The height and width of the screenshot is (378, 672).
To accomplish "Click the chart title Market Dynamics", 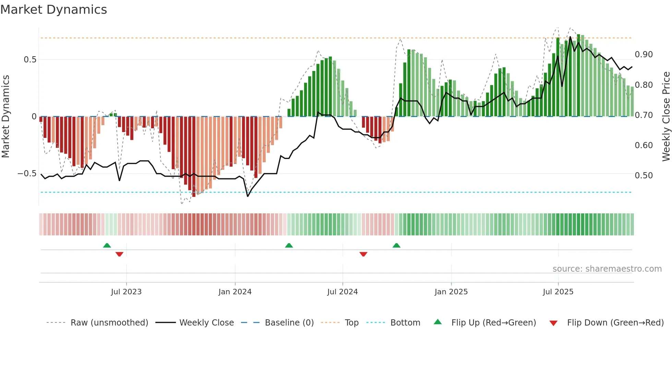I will pos(53,10).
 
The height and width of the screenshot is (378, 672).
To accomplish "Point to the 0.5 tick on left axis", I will pos(30,60).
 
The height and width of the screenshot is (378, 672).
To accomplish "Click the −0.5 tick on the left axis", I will pos(27,174).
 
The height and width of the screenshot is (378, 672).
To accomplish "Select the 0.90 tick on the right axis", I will pos(644,55).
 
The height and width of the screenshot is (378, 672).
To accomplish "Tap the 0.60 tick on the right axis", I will pos(644,145).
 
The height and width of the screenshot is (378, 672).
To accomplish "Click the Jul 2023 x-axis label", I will pos(126,292).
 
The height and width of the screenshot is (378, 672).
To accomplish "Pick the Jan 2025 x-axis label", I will pos(451,292).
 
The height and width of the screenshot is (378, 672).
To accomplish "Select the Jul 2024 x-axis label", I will pos(342,292).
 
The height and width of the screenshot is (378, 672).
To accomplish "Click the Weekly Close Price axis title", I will pos(666,117).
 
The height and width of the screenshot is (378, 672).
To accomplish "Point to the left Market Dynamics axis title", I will pos(5,117).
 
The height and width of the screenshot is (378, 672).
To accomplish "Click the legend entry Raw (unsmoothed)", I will pos(109,323).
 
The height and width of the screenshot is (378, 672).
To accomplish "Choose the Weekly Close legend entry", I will pos(206,323).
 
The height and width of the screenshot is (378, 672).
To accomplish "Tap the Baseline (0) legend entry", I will pos(289,323).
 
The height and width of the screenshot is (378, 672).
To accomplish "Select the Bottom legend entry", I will pos(405,323).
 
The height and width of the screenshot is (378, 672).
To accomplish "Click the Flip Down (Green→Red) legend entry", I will pos(615,323).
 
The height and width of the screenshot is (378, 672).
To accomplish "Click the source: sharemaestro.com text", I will pos(607,269).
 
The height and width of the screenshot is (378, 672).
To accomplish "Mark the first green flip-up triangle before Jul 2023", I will pos(107,245).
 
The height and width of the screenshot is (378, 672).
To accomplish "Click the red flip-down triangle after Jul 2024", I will pos(363,254).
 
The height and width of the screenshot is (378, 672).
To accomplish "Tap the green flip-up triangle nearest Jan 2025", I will pos(396,245).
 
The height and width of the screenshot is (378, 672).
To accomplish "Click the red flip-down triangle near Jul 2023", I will pos(119,254).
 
